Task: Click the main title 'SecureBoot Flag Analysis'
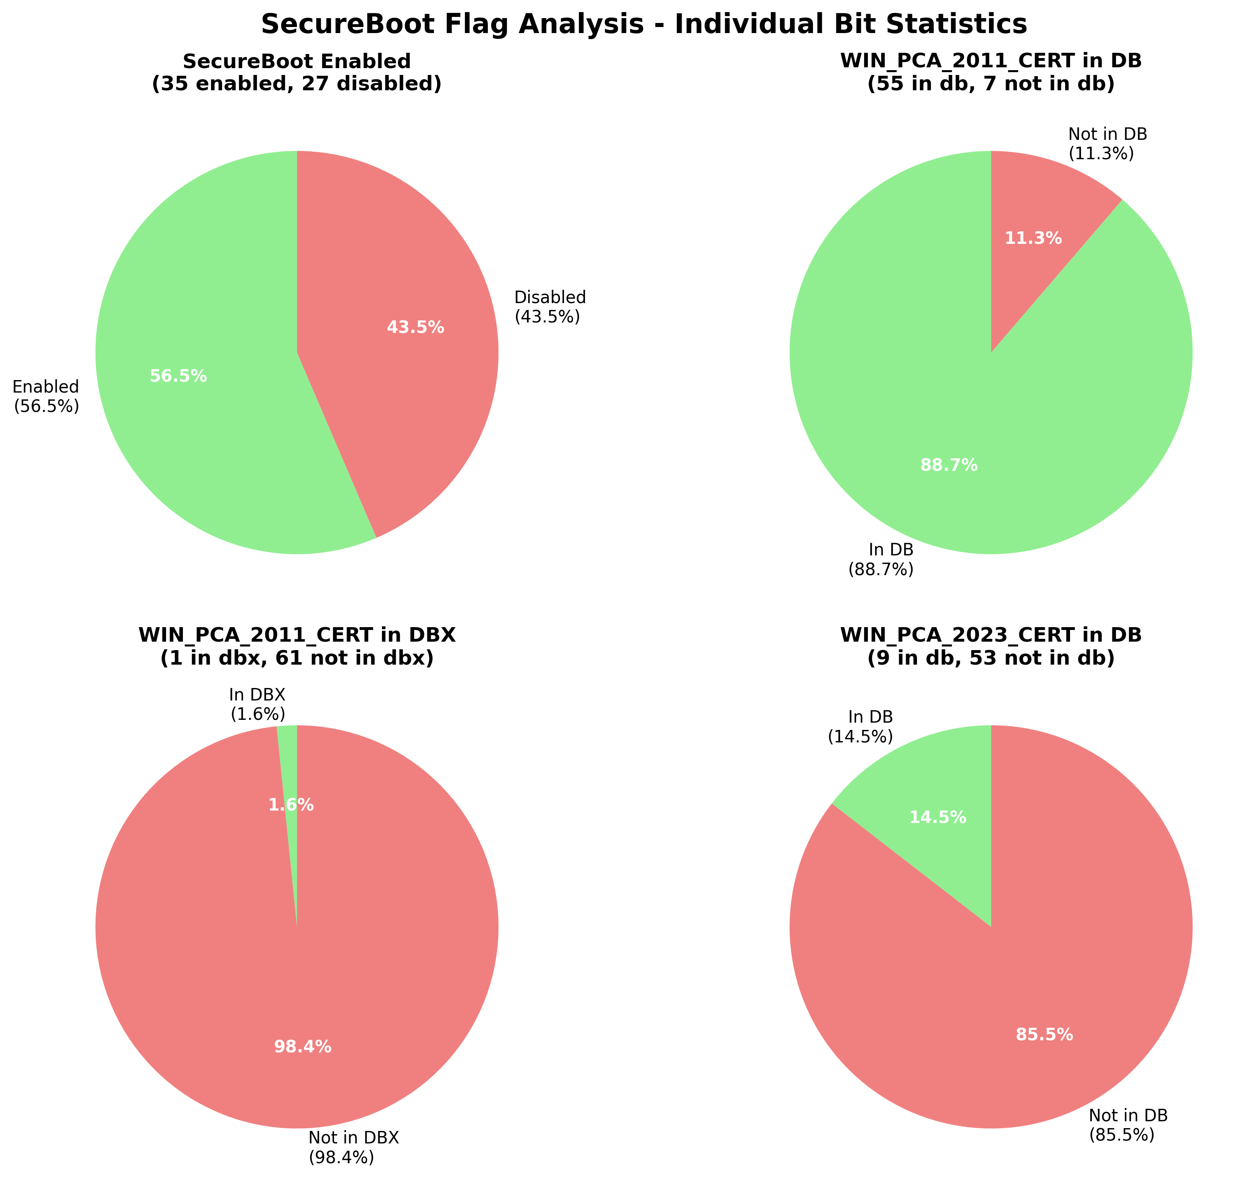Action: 643,25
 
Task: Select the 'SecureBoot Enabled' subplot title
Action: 296,73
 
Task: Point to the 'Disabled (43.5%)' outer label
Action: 550,307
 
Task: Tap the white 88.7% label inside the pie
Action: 948,466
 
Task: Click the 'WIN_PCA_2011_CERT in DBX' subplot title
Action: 296,647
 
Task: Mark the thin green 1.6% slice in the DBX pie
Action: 289,762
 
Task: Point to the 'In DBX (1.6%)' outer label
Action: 257,705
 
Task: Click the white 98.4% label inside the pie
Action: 303,1047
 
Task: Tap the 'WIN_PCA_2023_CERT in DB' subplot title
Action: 990,647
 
